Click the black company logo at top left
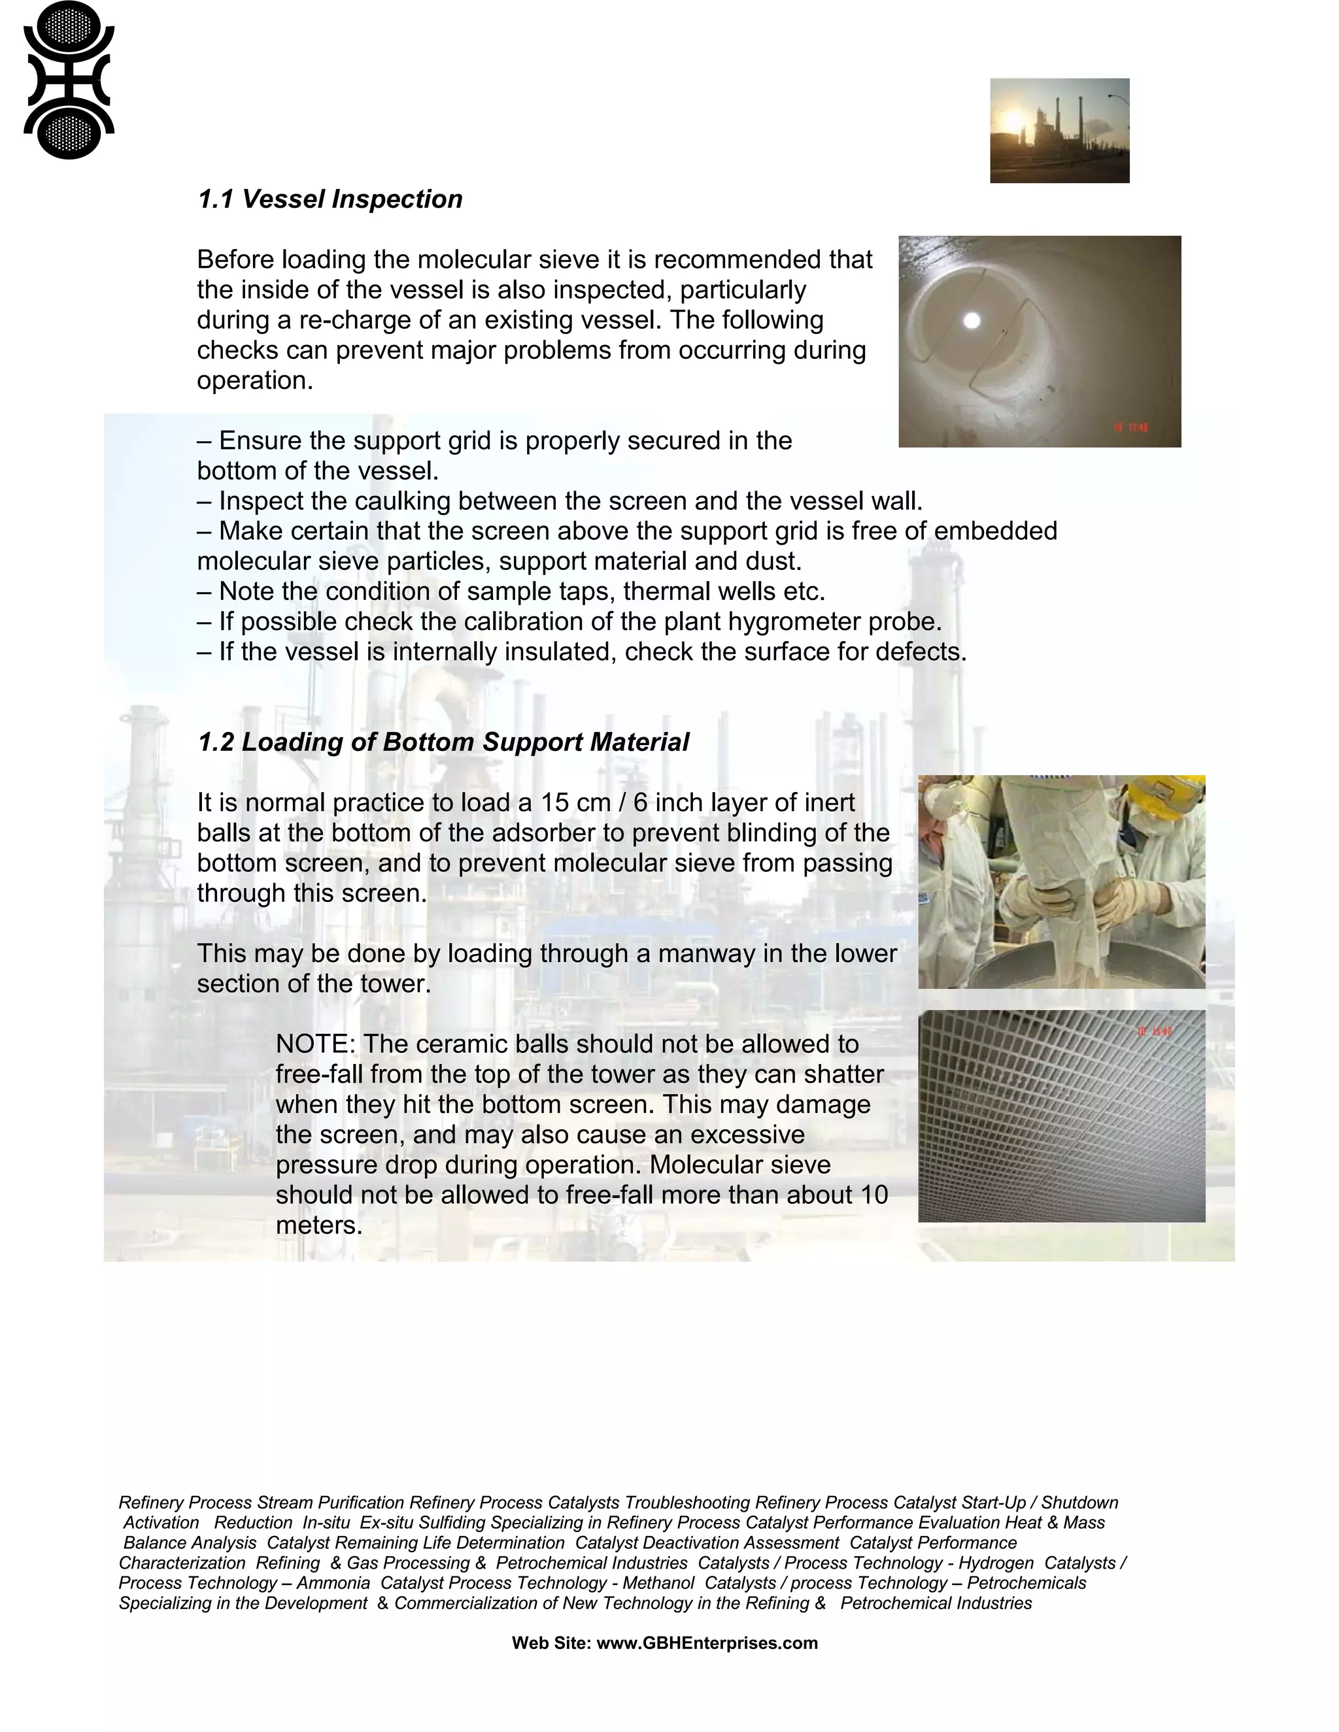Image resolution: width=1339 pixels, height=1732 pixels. click(x=69, y=79)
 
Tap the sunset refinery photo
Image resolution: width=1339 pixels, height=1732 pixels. click(x=1059, y=130)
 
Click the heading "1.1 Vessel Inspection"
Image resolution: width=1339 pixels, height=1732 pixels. click(x=330, y=199)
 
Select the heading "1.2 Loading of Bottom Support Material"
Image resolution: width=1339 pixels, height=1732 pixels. click(x=443, y=742)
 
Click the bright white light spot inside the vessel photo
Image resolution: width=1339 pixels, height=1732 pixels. click(x=971, y=320)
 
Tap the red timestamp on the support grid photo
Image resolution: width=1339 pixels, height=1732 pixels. click(x=1154, y=1032)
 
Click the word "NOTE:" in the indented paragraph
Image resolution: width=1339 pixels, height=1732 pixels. click(x=315, y=1044)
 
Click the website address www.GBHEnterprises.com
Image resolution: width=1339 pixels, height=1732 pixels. click(x=706, y=1643)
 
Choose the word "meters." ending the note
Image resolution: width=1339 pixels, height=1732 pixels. click(x=319, y=1225)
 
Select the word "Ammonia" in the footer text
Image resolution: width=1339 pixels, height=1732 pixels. click(x=333, y=1583)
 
